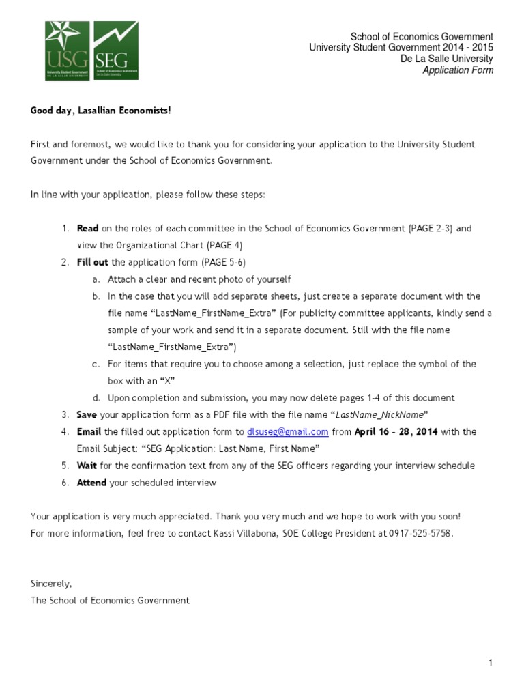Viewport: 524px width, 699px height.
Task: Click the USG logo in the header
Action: coord(68,51)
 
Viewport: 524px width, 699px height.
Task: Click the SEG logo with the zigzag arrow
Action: coord(115,51)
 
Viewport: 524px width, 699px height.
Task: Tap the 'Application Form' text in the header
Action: coord(458,70)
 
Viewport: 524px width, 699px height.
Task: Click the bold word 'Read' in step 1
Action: coord(87,229)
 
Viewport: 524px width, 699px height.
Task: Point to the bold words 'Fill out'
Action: coord(93,262)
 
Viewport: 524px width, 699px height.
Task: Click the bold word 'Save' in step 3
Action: coord(87,415)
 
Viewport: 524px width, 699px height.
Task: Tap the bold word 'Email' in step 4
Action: coord(89,432)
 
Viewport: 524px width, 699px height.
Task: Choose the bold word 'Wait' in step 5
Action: coord(87,466)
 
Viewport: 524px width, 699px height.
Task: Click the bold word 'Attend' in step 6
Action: coord(91,483)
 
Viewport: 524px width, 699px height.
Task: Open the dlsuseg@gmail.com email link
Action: coord(287,432)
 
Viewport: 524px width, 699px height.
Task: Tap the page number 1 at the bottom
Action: coord(491,663)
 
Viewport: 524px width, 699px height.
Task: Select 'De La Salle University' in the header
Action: coord(447,59)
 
